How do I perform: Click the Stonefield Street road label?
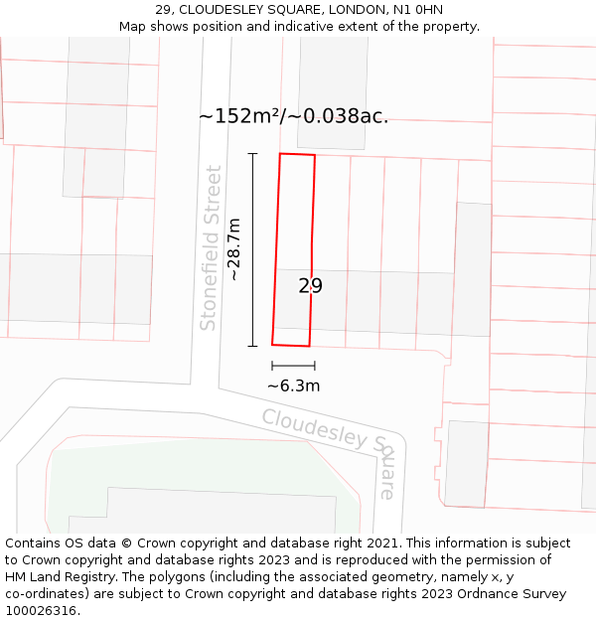pos(210,248)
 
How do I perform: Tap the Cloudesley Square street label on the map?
pos(329,450)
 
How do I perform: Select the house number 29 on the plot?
pos(310,286)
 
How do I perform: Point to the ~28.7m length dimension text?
pos(235,249)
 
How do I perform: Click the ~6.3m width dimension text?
pos(293,387)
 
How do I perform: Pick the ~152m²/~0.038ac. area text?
pos(293,116)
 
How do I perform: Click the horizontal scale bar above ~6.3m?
pos(293,367)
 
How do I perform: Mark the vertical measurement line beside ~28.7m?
pos(252,249)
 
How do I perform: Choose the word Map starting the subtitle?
pos(134,26)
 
